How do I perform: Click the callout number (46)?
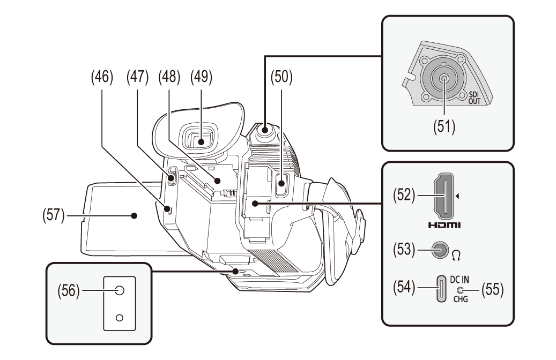(102, 77)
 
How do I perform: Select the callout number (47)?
(137, 77)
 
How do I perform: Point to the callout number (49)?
(201, 77)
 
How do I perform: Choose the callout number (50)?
(281, 77)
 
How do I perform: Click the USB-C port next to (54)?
(441, 289)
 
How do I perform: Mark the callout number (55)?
(493, 290)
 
